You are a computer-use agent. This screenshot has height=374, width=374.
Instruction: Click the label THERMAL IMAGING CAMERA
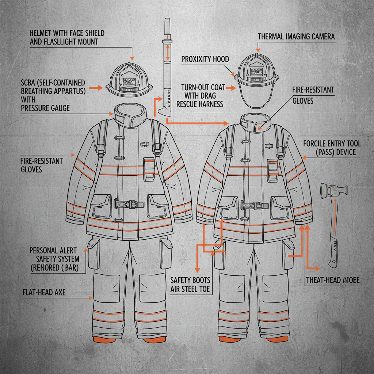[x=296, y=37]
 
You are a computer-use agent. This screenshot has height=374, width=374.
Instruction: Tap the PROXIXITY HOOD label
[x=205, y=59]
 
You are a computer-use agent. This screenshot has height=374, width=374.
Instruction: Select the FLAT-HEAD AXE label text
[x=44, y=293]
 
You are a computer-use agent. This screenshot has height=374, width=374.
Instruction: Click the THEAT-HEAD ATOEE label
[x=332, y=280]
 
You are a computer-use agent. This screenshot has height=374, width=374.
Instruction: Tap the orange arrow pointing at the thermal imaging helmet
[x=258, y=47]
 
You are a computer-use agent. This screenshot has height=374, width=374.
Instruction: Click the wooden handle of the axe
[x=333, y=234]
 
